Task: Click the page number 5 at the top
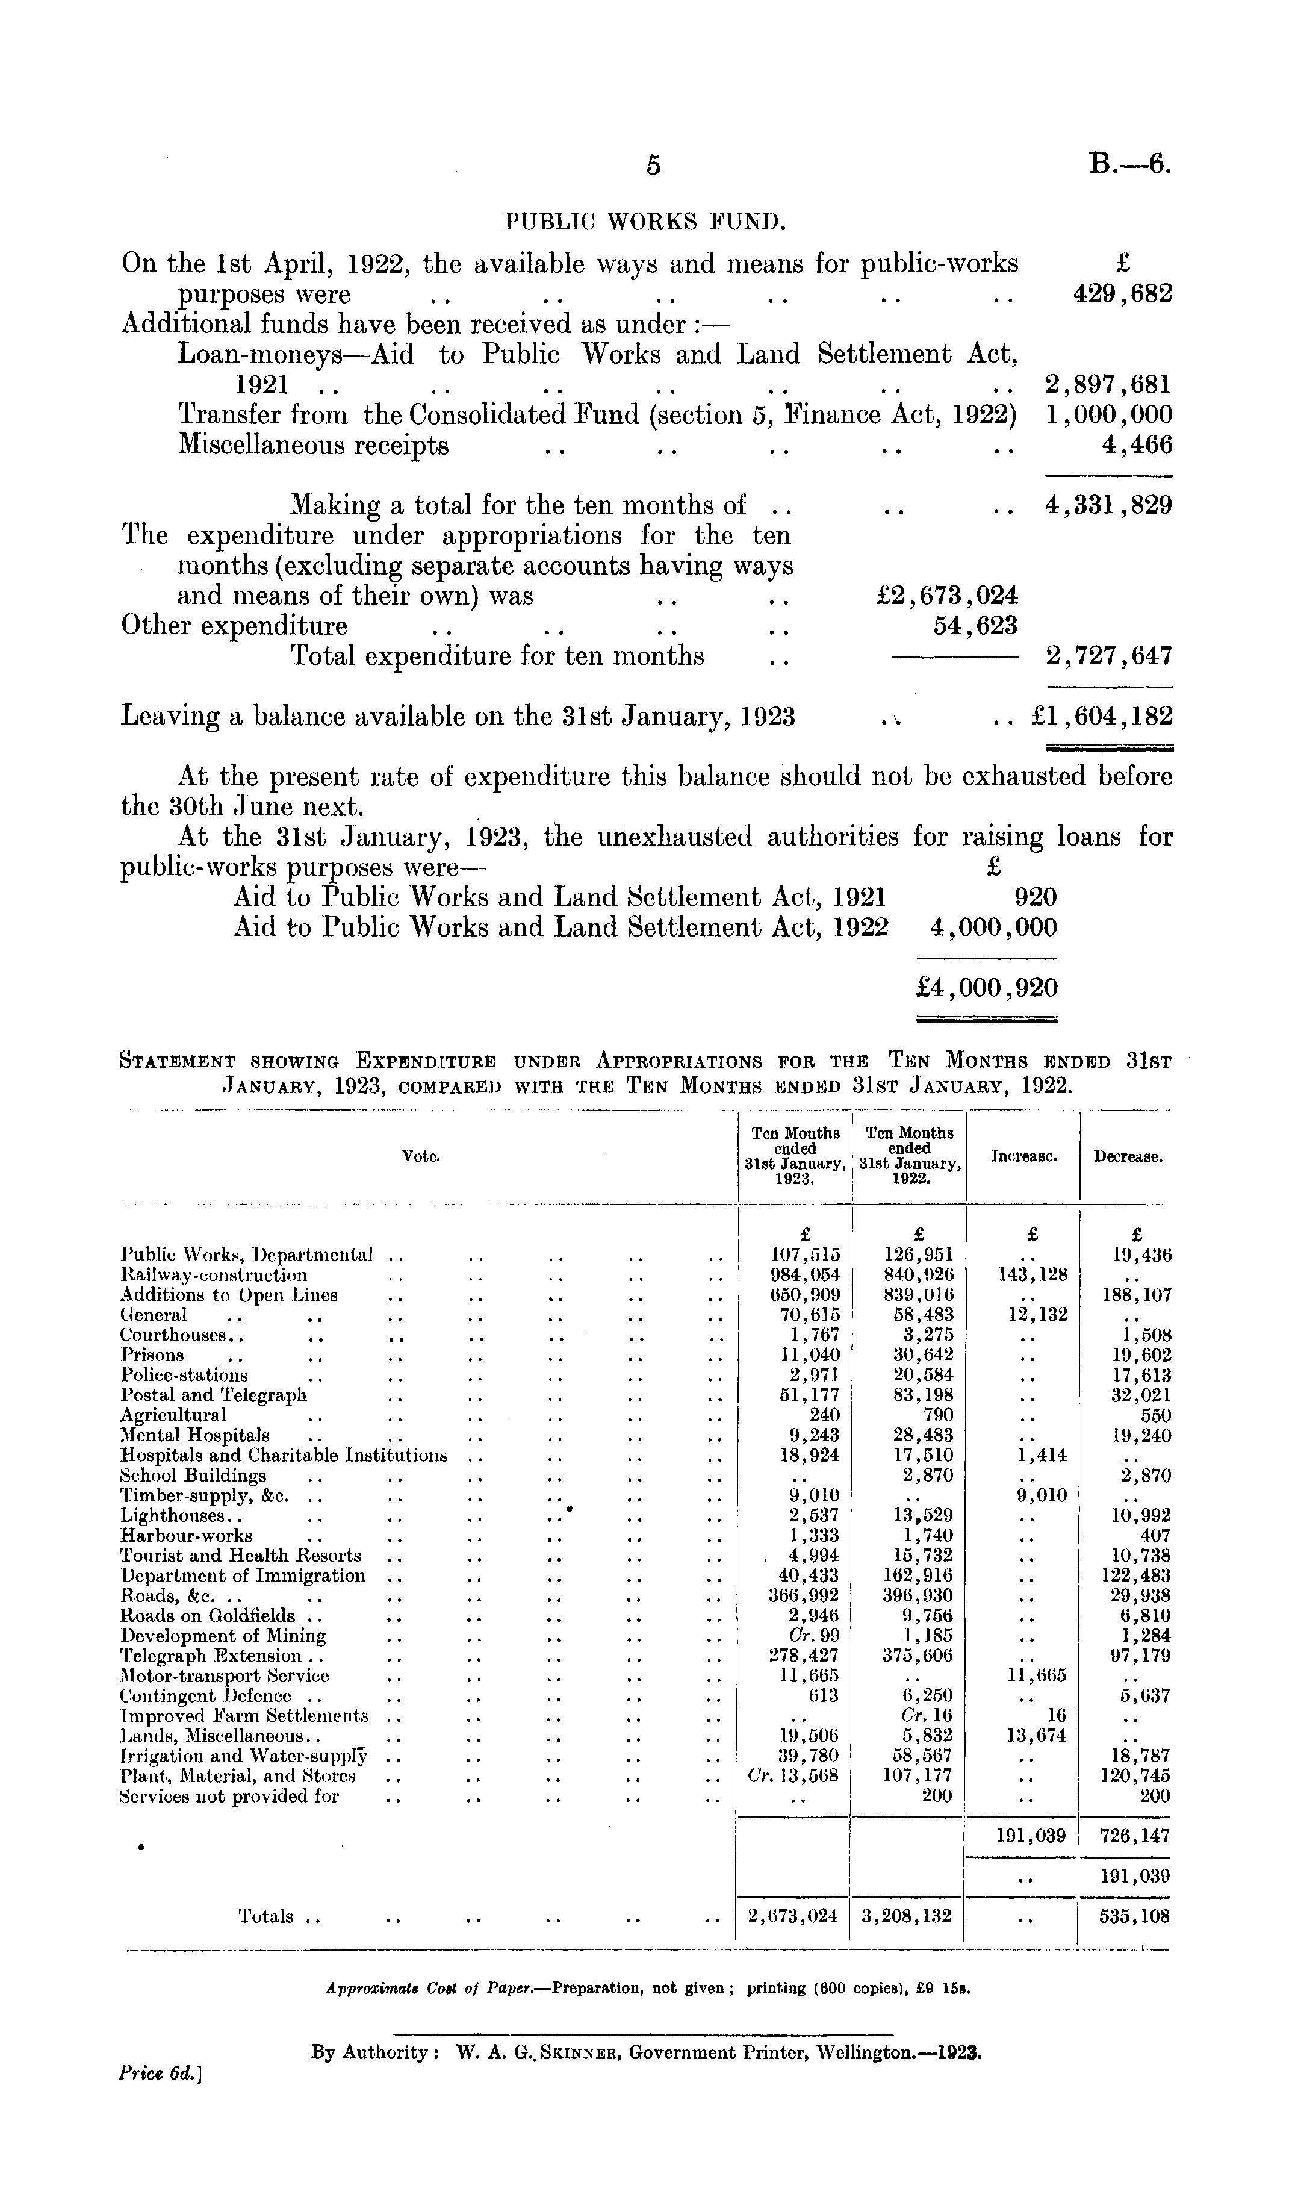pyautogui.click(x=652, y=165)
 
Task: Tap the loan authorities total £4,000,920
pyautogui.click(x=986, y=988)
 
